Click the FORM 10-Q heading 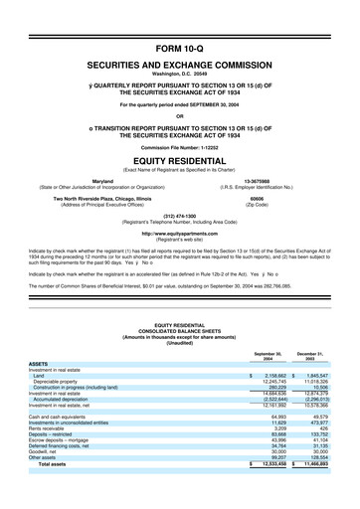180,48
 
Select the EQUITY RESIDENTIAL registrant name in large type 180,159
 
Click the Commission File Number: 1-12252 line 180,147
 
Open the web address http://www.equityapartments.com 180,235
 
